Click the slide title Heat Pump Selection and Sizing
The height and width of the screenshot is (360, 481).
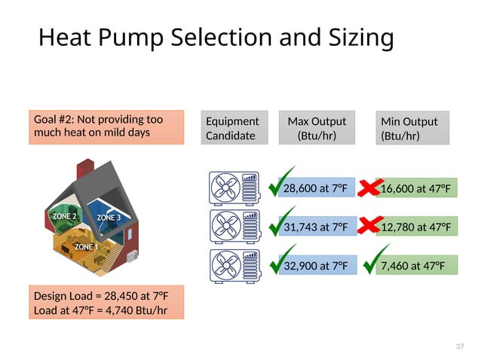[216, 37]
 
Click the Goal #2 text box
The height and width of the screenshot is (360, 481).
[106, 127]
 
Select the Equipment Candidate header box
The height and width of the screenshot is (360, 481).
[234, 128]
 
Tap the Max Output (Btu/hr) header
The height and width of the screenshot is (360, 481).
[317, 128]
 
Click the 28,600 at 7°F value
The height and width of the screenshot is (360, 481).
[316, 188]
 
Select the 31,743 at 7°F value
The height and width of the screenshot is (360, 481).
[316, 227]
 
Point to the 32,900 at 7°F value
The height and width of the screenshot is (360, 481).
[316, 265]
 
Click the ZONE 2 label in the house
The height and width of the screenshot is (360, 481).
[65, 215]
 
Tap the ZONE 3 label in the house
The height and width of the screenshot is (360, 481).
[109, 218]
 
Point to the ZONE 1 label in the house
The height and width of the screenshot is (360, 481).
[86, 246]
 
